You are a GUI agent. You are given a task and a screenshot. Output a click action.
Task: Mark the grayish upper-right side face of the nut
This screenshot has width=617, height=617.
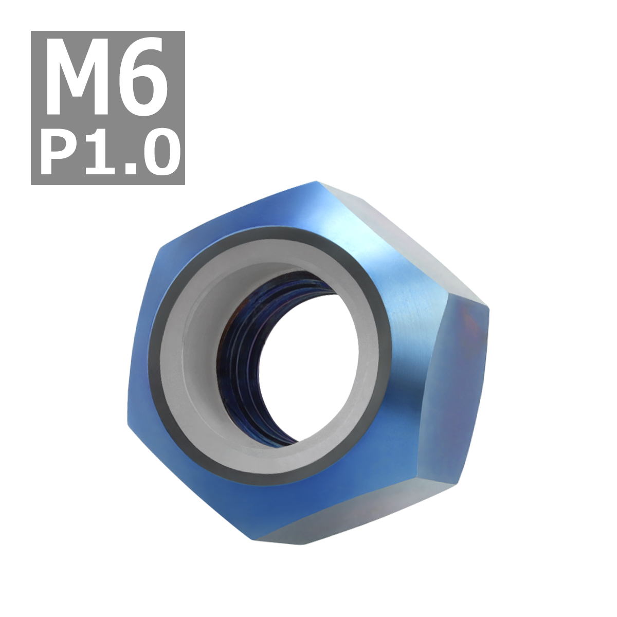point(406,237)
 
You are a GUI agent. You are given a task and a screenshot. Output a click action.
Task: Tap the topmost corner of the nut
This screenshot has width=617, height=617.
point(315,182)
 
